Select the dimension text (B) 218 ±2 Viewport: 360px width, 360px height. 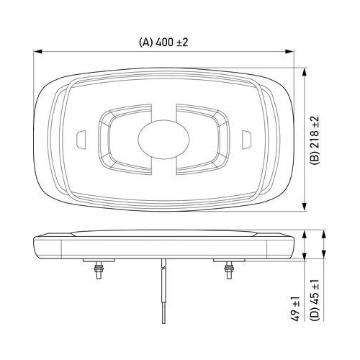coord(314,138)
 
